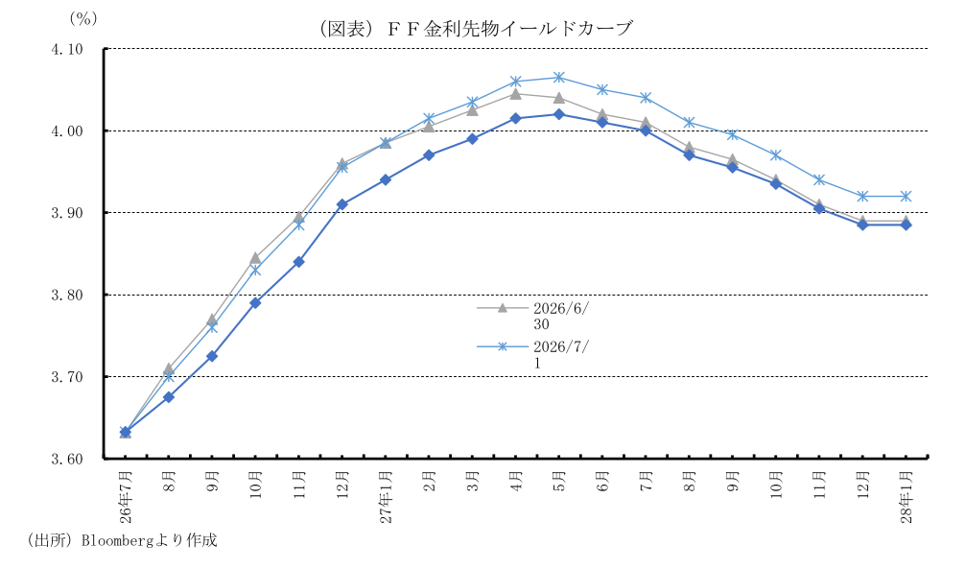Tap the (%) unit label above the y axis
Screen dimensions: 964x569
pos(83,18)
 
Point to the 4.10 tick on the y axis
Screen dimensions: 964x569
pos(68,49)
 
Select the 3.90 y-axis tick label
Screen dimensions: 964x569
pos(68,213)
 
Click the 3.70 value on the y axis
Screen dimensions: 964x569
pos(68,376)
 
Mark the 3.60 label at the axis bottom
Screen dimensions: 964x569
pos(68,459)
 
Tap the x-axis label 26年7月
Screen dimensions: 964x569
pos(125,496)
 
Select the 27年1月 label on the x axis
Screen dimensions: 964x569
pos(386,496)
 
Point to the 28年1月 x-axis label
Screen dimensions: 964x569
pos(906,496)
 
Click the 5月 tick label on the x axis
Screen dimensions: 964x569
pos(559,481)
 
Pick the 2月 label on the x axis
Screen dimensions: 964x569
pos(429,481)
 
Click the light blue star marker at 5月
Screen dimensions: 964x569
pos(559,78)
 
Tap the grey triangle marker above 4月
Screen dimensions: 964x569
pos(515,93)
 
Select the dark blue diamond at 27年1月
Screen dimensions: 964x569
pos(386,179)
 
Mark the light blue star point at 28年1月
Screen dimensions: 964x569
pos(906,197)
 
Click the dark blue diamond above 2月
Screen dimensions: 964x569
pos(429,155)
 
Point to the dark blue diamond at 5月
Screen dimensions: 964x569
pos(559,114)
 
